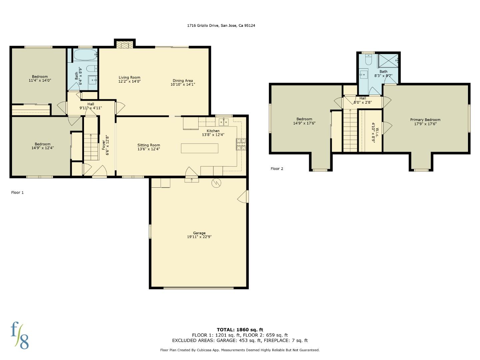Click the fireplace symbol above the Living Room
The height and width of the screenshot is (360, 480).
125,44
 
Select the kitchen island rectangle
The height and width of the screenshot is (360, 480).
199,148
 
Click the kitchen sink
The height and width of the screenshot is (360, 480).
224,122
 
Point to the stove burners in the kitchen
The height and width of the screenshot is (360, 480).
241,144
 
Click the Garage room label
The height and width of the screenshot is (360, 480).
199,235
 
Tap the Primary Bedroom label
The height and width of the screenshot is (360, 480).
425,122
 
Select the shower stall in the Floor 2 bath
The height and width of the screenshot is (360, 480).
388,61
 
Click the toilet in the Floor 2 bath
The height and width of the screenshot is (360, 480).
368,60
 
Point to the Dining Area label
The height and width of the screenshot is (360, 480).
183,82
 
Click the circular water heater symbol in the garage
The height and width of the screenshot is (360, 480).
216,183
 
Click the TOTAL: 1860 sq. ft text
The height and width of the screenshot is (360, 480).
240,329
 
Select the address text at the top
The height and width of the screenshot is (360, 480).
221,25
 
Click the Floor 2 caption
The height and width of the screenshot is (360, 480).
277,169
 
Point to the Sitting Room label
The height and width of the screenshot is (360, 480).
149,147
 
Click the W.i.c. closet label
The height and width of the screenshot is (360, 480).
375,132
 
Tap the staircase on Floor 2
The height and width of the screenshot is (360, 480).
350,131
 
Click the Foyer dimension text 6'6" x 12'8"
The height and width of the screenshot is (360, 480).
107,146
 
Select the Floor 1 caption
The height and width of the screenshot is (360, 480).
17,192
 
